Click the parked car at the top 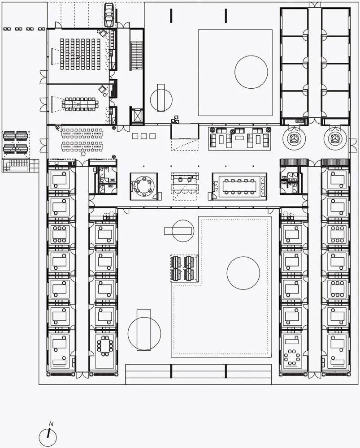pos(109,15)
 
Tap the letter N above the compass pos(51,424)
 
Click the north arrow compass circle pos(48,437)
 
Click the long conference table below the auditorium pos(80,104)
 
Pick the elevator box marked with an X pos(137,116)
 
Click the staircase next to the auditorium pos(136,56)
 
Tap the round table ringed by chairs pos(144,186)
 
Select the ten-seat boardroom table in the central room pos(239,186)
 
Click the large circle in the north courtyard pos(251,72)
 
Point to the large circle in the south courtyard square pos(243,273)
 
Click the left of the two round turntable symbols pos(294,139)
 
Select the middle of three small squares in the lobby pos(144,136)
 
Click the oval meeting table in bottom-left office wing pos(105,346)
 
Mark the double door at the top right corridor pos(315,5)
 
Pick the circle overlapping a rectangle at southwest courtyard pos(144,333)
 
